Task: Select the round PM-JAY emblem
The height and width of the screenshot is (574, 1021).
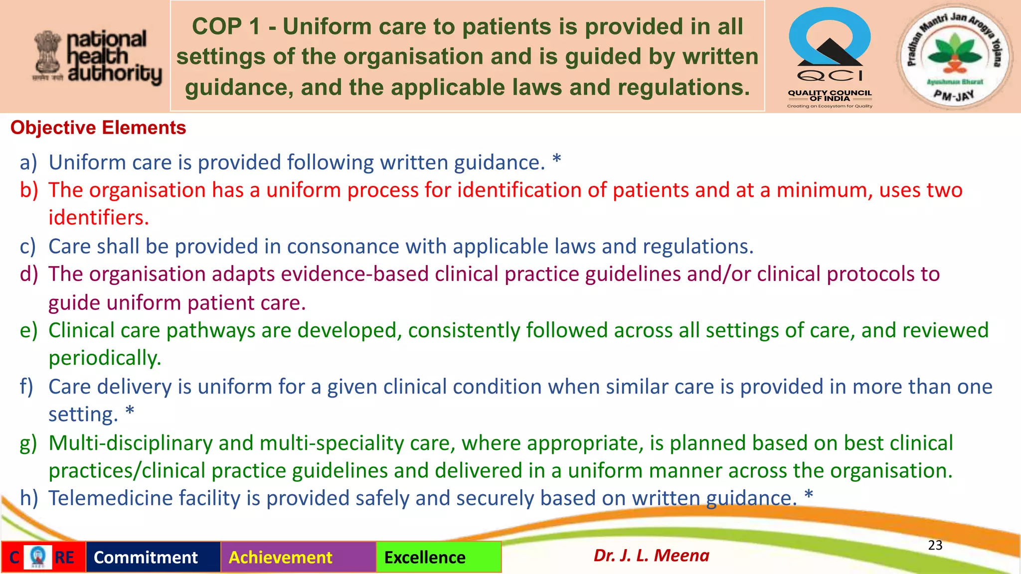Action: [955, 56]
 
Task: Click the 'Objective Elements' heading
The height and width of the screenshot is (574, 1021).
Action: [98, 128]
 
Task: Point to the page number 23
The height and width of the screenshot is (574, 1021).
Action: [935, 545]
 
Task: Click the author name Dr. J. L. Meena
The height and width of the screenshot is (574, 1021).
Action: [651, 555]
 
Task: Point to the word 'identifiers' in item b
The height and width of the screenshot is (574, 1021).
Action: [98, 218]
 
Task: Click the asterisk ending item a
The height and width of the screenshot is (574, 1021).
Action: [557, 160]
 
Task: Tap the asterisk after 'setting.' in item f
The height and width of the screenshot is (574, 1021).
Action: [130, 412]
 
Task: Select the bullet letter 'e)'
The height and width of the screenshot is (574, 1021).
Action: [28, 331]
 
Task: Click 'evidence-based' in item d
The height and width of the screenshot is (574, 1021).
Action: [354, 274]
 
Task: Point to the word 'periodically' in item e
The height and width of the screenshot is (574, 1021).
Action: [104, 359]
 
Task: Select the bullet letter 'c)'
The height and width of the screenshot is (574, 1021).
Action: [28, 247]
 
